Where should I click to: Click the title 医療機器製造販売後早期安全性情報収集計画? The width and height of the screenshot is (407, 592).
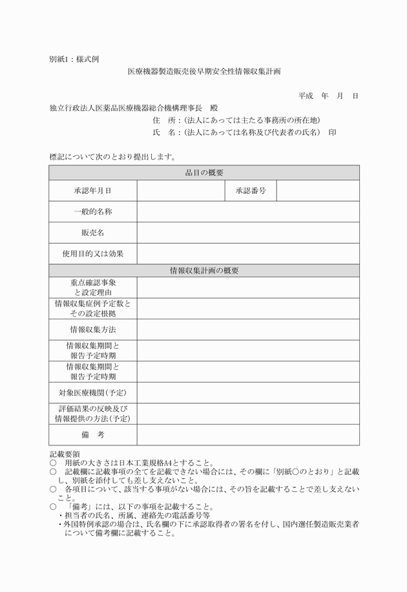[204, 71]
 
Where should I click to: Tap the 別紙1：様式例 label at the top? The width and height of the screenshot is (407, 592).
[74, 58]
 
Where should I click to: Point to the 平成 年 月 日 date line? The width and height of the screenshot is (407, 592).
[328, 96]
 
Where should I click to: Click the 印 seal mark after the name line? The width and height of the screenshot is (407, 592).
[332, 132]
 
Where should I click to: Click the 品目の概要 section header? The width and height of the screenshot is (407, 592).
[204, 173]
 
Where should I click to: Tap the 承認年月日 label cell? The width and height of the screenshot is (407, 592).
[93, 191]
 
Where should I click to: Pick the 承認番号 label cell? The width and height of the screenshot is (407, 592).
[251, 191]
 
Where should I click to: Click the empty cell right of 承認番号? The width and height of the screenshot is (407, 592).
[318, 191]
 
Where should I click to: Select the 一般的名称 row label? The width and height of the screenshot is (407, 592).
[93, 211]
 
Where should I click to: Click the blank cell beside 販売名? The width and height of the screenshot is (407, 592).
[248, 233]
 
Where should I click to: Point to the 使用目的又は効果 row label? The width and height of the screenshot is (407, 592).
[93, 254]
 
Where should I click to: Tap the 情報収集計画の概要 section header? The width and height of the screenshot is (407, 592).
[204, 270]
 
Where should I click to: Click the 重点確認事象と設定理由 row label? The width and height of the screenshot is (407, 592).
[93, 288]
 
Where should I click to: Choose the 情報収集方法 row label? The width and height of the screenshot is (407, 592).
[93, 330]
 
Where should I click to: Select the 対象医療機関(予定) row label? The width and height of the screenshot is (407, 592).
[93, 392]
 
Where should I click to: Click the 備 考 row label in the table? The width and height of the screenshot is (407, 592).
[93, 435]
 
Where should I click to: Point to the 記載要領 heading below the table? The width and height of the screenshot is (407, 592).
[65, 454]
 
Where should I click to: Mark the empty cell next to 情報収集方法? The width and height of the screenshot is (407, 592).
[248, 330]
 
